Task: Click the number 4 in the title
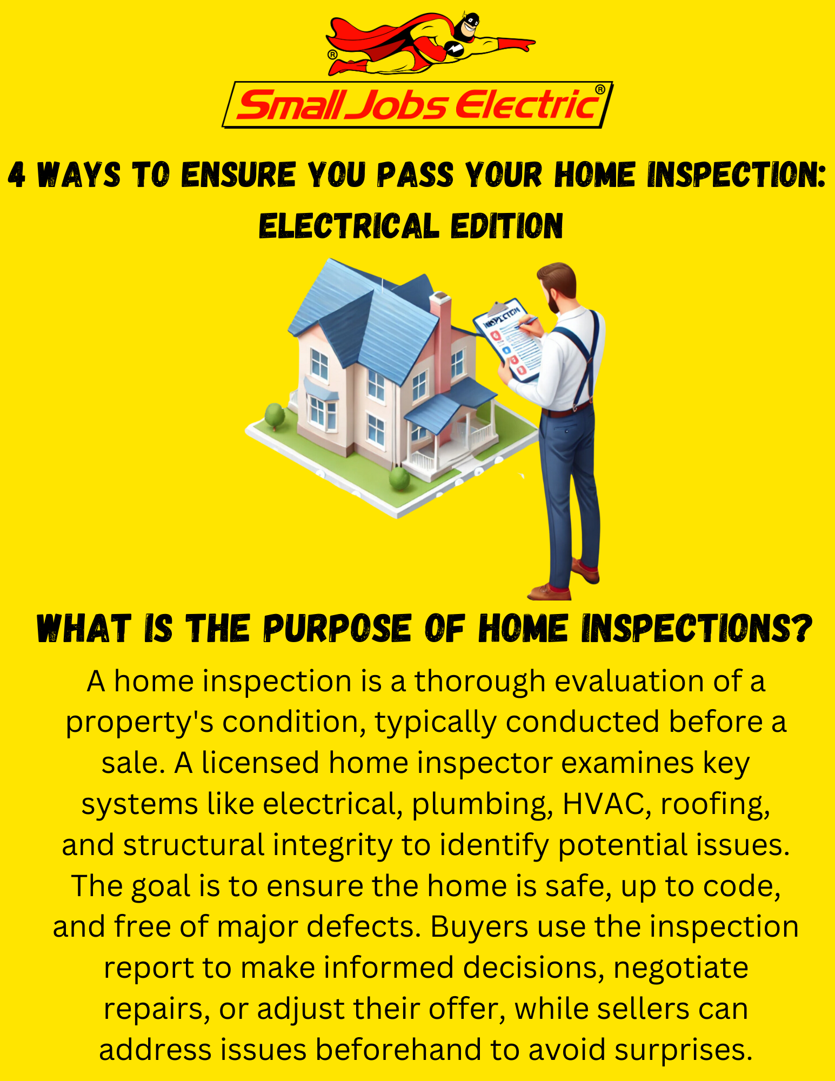[x=17, y=175]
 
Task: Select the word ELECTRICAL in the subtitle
[x=349, y=225]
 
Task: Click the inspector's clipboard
[x=507, y=339]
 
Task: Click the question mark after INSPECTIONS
[x=803, y=629]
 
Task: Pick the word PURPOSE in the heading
[x=337, y=629]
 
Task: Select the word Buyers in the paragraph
[x=479, y=927]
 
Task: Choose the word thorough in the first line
[x=480, y=681]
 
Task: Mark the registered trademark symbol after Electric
[x=600, y=89]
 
